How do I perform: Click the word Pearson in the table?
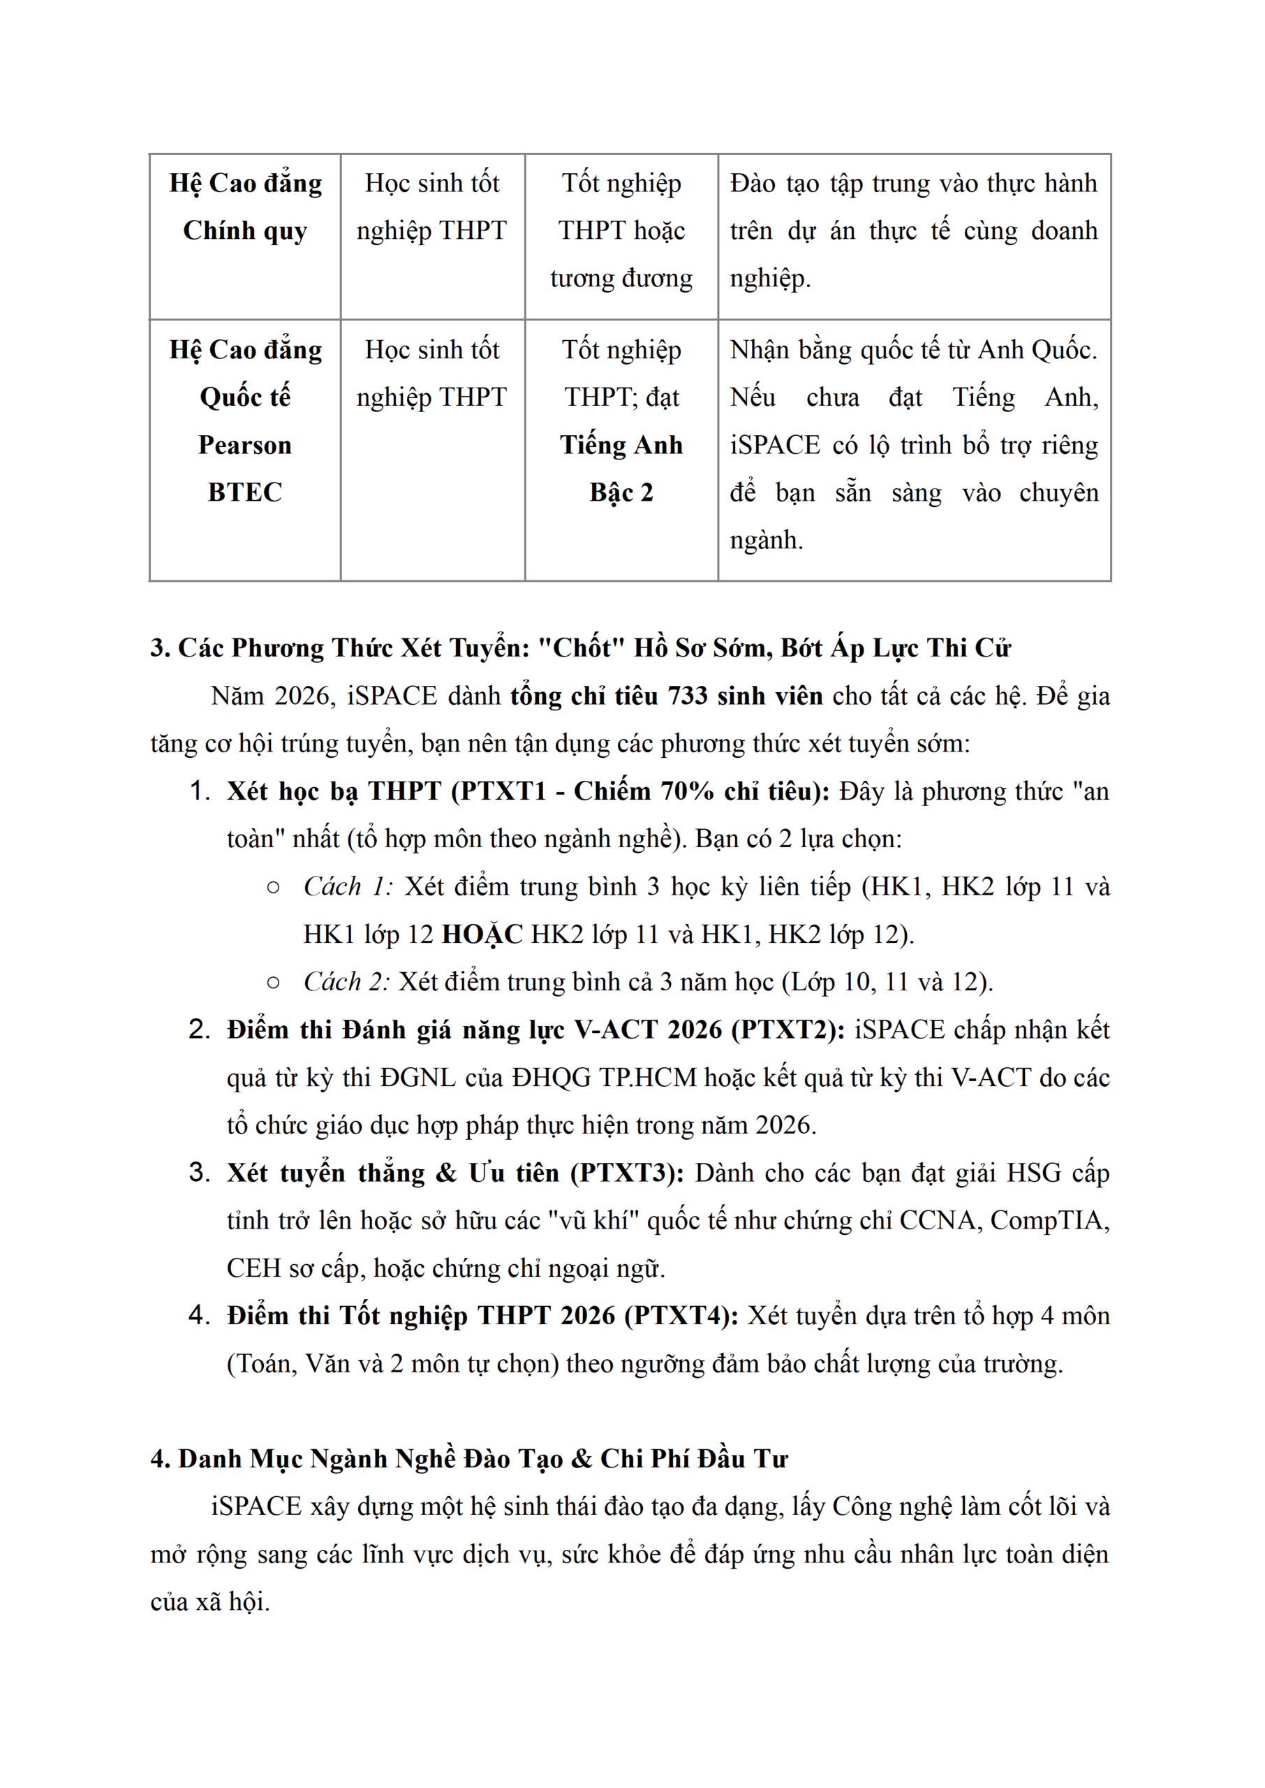[244, 445]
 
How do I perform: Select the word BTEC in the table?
[244, 492]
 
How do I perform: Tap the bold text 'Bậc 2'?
[621, 492]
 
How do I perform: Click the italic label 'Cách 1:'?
[348, 886]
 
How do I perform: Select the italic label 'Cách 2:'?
[346, 981]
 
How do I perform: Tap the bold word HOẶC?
[482, 934]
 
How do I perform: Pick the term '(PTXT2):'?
[788, 1030]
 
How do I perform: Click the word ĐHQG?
[552, 1078]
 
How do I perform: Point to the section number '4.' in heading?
[161, 1459]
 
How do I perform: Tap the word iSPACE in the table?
[775, 445]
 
